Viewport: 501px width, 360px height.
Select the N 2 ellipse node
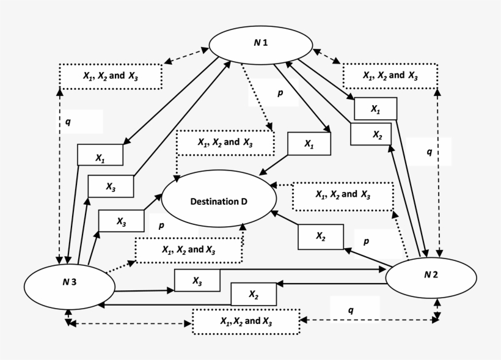(431, 274)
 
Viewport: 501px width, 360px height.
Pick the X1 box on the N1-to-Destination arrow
(309, 144)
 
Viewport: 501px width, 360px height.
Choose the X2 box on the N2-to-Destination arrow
(321, 237)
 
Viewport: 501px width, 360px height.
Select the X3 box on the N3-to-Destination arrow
(121, 221)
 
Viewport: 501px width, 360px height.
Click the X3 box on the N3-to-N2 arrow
(197, 281)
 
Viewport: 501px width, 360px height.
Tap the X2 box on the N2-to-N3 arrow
(254, 295)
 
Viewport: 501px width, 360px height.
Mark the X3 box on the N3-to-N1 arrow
(111, 186)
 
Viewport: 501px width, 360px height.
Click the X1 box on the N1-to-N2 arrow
(375, 109)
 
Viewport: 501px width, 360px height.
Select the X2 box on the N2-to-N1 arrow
(370, 134)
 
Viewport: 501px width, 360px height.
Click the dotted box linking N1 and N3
(111, 76)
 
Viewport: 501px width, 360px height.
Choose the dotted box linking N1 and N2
(390, 76)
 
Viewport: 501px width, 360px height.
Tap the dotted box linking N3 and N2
(246, 321)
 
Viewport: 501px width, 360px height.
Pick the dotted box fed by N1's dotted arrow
(225, 142)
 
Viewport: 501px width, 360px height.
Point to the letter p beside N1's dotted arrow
(280, 94)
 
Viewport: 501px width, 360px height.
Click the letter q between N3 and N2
(351, 310)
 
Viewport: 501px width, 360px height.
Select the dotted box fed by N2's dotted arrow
(341, 195)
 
